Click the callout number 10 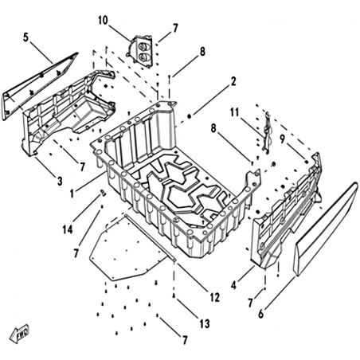pyautogui.click(x=104, y=21)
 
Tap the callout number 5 pyautogui.click(x=25, y=37)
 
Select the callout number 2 pyautogui.click(x=233, y=81)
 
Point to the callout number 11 pyautogui.click(x=235, y=113)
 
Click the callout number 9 pyautogui.click(x=282, y=139)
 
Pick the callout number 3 pyautogui.click(x=60, y=181)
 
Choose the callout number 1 pyautogui.click(x=72, y=194)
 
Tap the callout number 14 pyautogui.click(x=68, y=229)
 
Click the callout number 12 pyautogui.click(x=215, y=297)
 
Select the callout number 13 pyautogui.click(x=205, y=323)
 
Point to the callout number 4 pyautogui.click(x=233, y=286)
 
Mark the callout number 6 pyautogui.click(x=261, y=314)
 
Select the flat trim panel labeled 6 pyautogui.click(x=326, y=229)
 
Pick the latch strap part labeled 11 pyautogui.click(x=267, y=132)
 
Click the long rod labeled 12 pyautogui.click(x=150, y=238)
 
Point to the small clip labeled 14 pyautogui.click(x=103, y=193)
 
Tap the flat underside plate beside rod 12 pyautogui.click(x=125, y=249)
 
